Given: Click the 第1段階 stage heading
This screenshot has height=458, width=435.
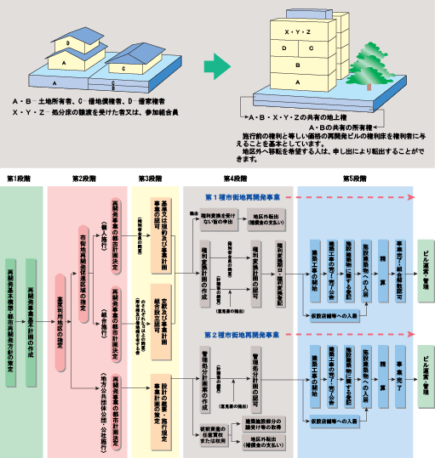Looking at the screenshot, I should click(20, 179).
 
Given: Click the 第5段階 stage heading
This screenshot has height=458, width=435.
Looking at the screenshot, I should click(354, 179).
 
